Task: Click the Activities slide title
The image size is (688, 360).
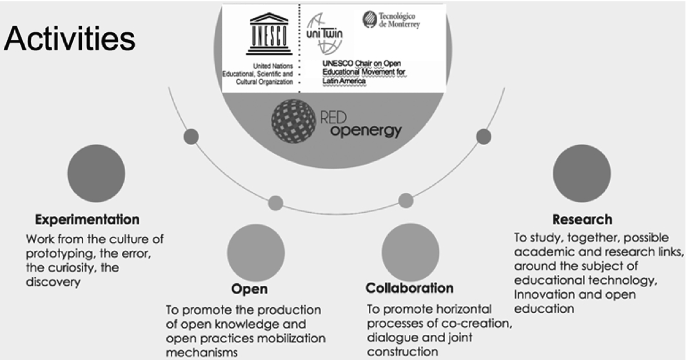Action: (x=70, y=39)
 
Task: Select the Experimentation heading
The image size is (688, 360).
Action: (x=87, y=219)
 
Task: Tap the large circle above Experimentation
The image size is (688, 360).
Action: (x=96, y=174)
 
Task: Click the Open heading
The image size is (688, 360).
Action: (x=249, y=288)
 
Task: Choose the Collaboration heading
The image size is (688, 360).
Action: (x=409, y=288)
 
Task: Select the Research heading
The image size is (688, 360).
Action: (x=582, y=219)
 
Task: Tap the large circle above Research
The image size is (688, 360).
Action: (x=582, y=173)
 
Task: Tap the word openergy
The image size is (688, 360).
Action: (x=366, y=131)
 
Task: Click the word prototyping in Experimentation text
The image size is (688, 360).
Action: (x=57, y=253)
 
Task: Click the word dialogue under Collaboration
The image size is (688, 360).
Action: (x=391, y=337)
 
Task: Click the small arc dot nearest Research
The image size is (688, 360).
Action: (x=483, y=136)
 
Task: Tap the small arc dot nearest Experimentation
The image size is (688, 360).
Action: (x=191, y=136)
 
